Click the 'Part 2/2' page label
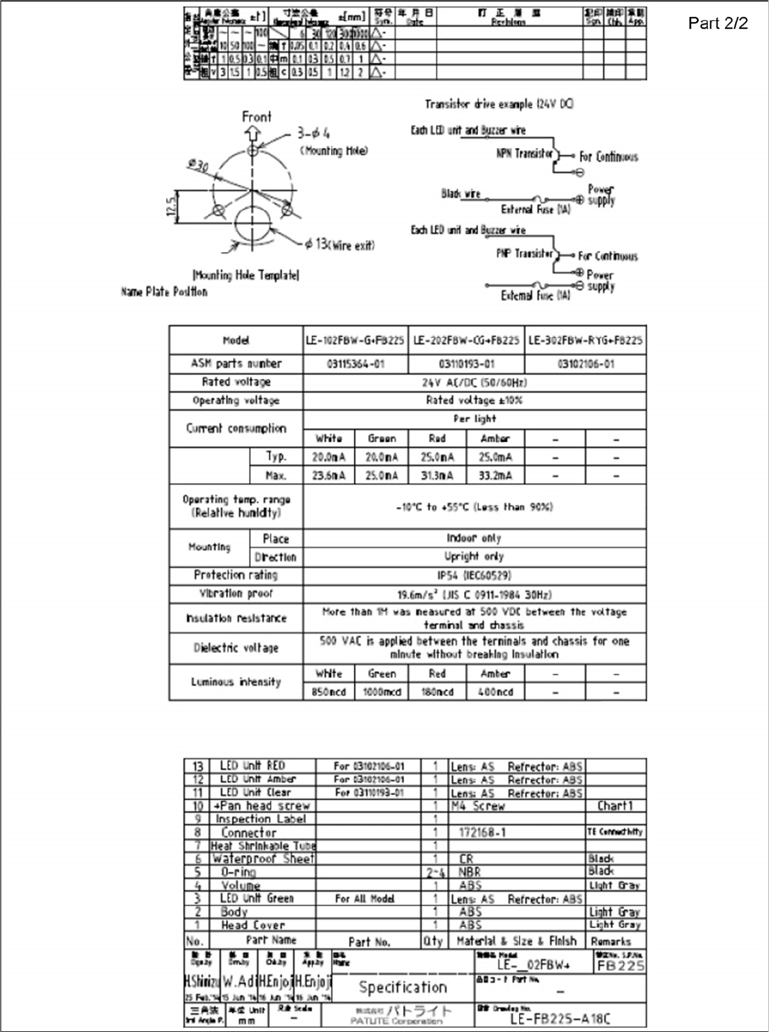point(719,23)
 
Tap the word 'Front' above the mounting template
point(257,117)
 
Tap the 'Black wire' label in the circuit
point(461,194)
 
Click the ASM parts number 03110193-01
point(467,364)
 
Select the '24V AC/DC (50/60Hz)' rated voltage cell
point(473,382)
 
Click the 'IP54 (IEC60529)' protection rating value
point(473,575)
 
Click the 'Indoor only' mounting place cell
point(473,538)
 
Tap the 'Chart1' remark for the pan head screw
point(615,806)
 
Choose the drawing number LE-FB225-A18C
point(560,1018)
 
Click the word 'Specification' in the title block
point(402,987)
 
